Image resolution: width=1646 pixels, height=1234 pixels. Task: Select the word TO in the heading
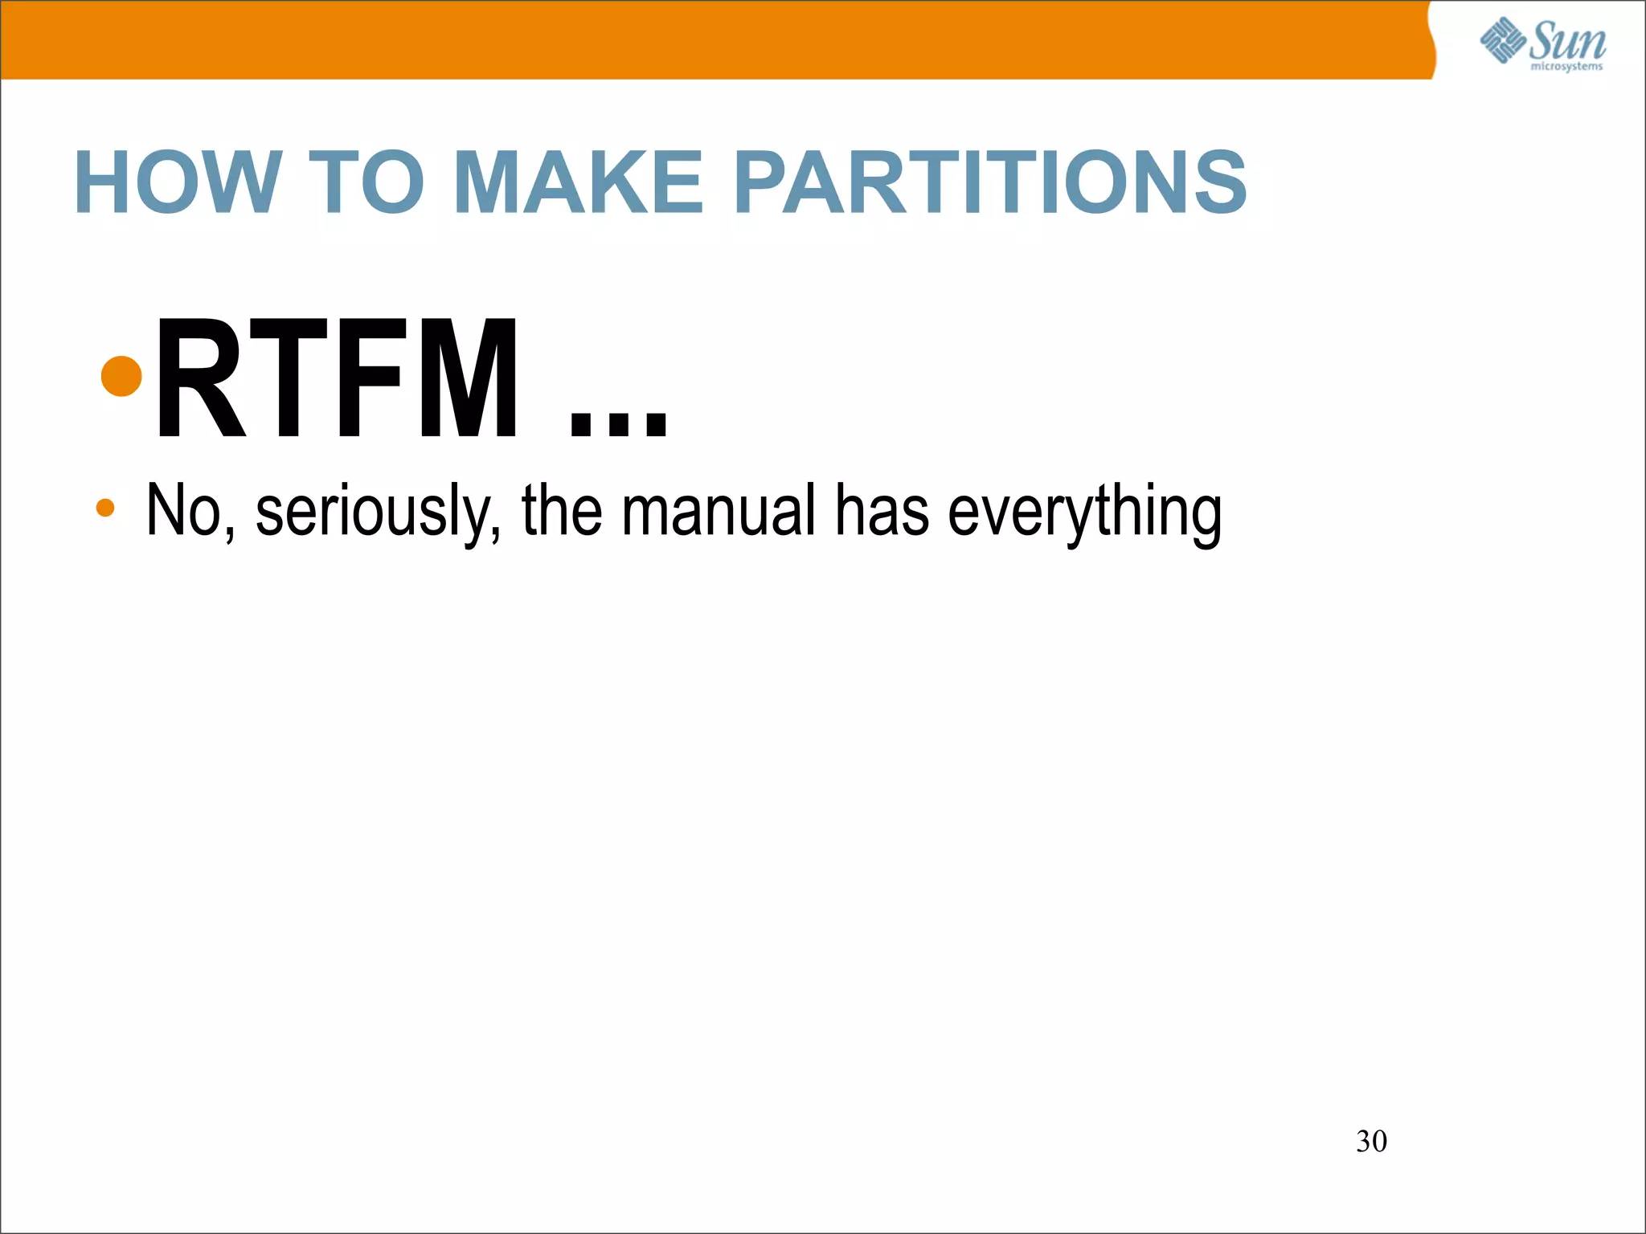point(366,183)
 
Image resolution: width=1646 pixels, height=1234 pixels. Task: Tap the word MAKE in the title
point(579,183)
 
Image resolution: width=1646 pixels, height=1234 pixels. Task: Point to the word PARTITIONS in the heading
point(990,183)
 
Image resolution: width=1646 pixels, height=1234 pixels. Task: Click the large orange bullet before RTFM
point(122,375)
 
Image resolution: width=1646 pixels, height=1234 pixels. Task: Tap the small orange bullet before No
point(105,508)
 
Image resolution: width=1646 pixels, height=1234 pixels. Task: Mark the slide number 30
point(1371,1142)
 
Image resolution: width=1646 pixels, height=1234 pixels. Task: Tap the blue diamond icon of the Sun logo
point(1503,40)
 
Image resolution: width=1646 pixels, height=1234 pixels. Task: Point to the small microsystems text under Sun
point(1566,67)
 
